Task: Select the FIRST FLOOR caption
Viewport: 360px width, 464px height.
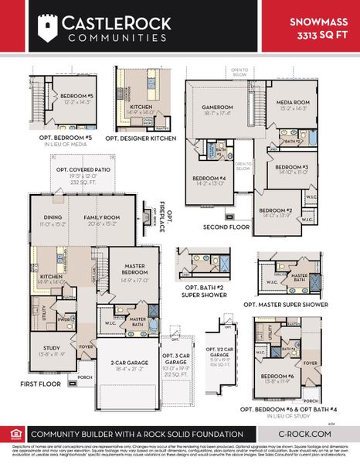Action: pyautogui.click(x=39, y=383)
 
